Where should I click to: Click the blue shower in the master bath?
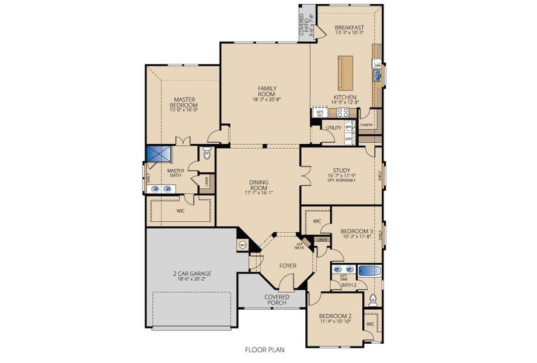(158, 155)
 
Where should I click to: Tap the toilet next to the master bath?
(207, 155)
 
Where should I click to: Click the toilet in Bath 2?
(373, 299)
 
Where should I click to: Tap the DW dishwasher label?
(377, 65)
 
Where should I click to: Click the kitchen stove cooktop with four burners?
(343, 112)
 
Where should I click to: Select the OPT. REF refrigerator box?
(320, 113)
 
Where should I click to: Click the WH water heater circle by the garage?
(243, 245)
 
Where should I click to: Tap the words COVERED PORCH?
(276, 300)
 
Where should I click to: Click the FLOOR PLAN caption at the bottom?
(264, 349)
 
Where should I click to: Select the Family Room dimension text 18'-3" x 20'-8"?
(267, 100)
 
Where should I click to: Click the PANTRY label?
(366, 125)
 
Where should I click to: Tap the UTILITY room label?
(333, 128)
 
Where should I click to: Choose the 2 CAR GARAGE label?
(192, 274)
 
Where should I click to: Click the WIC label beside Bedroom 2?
(370, 324)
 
